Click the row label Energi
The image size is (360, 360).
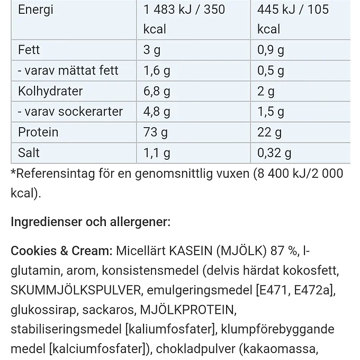(35, 10)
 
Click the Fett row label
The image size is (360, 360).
(29, 50)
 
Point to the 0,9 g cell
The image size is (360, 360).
(271, 50)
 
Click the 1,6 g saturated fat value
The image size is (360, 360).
(157, 70)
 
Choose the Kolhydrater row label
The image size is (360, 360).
(50, 91)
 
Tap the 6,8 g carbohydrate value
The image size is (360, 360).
(157, 91)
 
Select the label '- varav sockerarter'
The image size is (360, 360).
(70, 112)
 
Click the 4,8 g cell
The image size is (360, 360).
(157, 112)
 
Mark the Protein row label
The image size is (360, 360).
(38, 132)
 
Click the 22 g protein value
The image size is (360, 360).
(269, 132)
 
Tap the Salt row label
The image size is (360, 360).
(29, 153)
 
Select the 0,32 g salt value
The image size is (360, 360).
(274, 153)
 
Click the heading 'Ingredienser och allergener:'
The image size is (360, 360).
(91, 221)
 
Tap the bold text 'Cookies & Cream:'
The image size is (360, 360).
(61, 250)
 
